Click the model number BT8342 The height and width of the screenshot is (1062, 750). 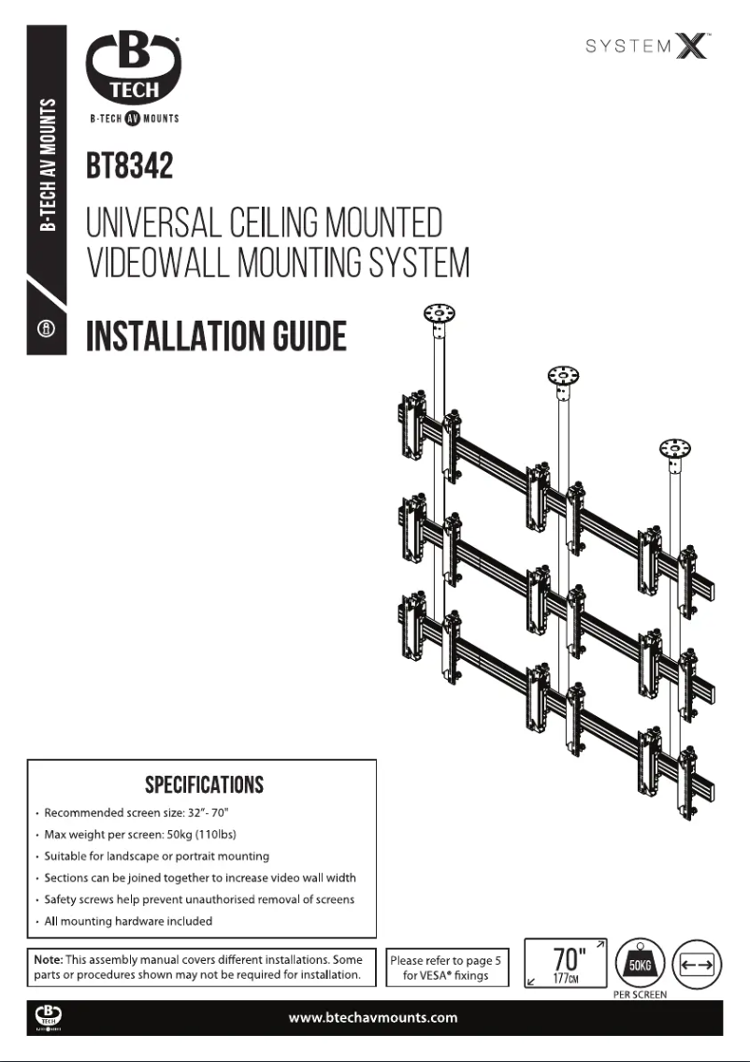(130, 167)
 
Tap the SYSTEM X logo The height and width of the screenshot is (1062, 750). (647, 46)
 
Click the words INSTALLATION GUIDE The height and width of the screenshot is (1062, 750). (216, 337)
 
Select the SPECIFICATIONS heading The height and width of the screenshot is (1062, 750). (204, 783)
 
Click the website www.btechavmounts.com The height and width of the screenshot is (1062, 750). (373, 1017)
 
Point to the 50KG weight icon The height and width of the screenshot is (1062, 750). (637, 962)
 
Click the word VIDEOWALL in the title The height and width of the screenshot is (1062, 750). (157, 264)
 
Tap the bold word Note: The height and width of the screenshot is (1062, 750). (48, 960)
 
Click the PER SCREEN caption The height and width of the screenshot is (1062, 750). (640, 995)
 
